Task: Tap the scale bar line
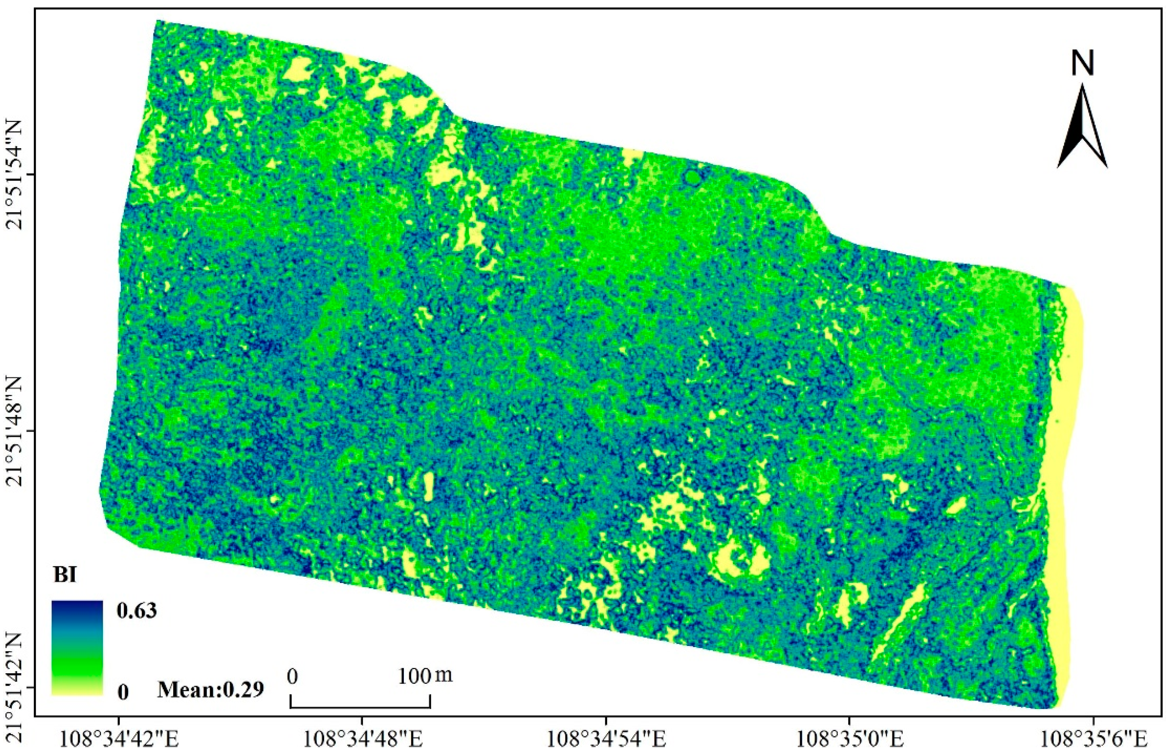click(360, 707)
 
